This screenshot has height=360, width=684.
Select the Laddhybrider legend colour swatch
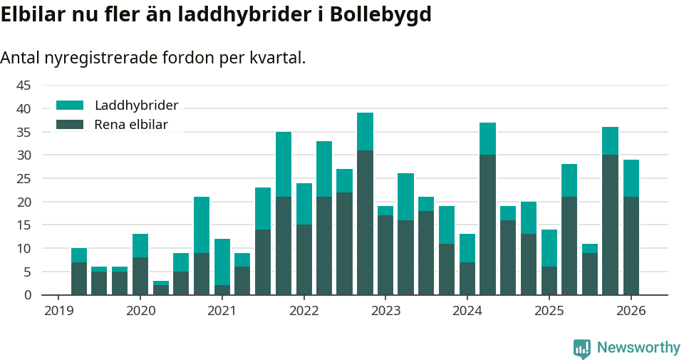pyautogui.click(x=70, y=106)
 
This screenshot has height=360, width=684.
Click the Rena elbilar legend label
pyautogui.click(x=131, y=125)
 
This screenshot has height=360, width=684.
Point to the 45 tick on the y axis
pyautogui.click(x=24, y=86)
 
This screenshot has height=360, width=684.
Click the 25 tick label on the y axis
pyautogui.click(x=24, y=179)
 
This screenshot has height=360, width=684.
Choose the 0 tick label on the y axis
pyautogui.click(x=28, y=295)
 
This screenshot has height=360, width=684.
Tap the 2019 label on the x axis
pyautogui.click(x=58, y=311)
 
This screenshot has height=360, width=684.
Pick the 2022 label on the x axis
pyautogui.click(x=304, y=311)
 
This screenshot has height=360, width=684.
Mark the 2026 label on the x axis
pyautogui.click(x=631, y=311)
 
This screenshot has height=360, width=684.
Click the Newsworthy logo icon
pyautogui.click(x=582, y=349)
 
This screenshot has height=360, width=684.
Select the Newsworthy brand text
pyautogui.click(x=638, y=348)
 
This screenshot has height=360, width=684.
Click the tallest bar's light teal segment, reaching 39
pyautogui.click(x=365, y=132)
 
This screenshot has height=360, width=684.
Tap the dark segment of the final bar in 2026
pyautogui.click(x=631, y=246)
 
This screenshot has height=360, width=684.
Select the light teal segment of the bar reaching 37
pyautogui.click(x=487, y=139)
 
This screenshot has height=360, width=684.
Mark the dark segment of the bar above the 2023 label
pyautogui.click(x=385, y=255)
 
